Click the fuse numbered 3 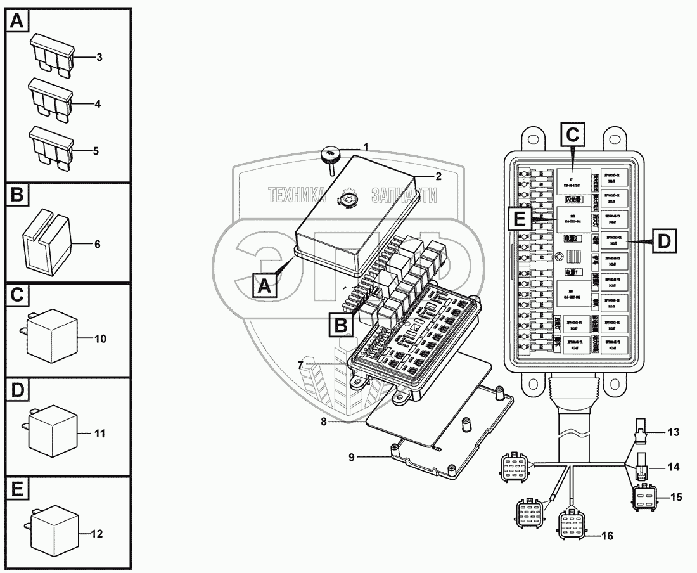[x=52, y=55]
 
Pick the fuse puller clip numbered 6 [x=46, y=242]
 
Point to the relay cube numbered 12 [x=54, y=531]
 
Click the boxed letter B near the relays [x=340, y=325]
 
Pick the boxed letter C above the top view [x=572, y=135]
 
